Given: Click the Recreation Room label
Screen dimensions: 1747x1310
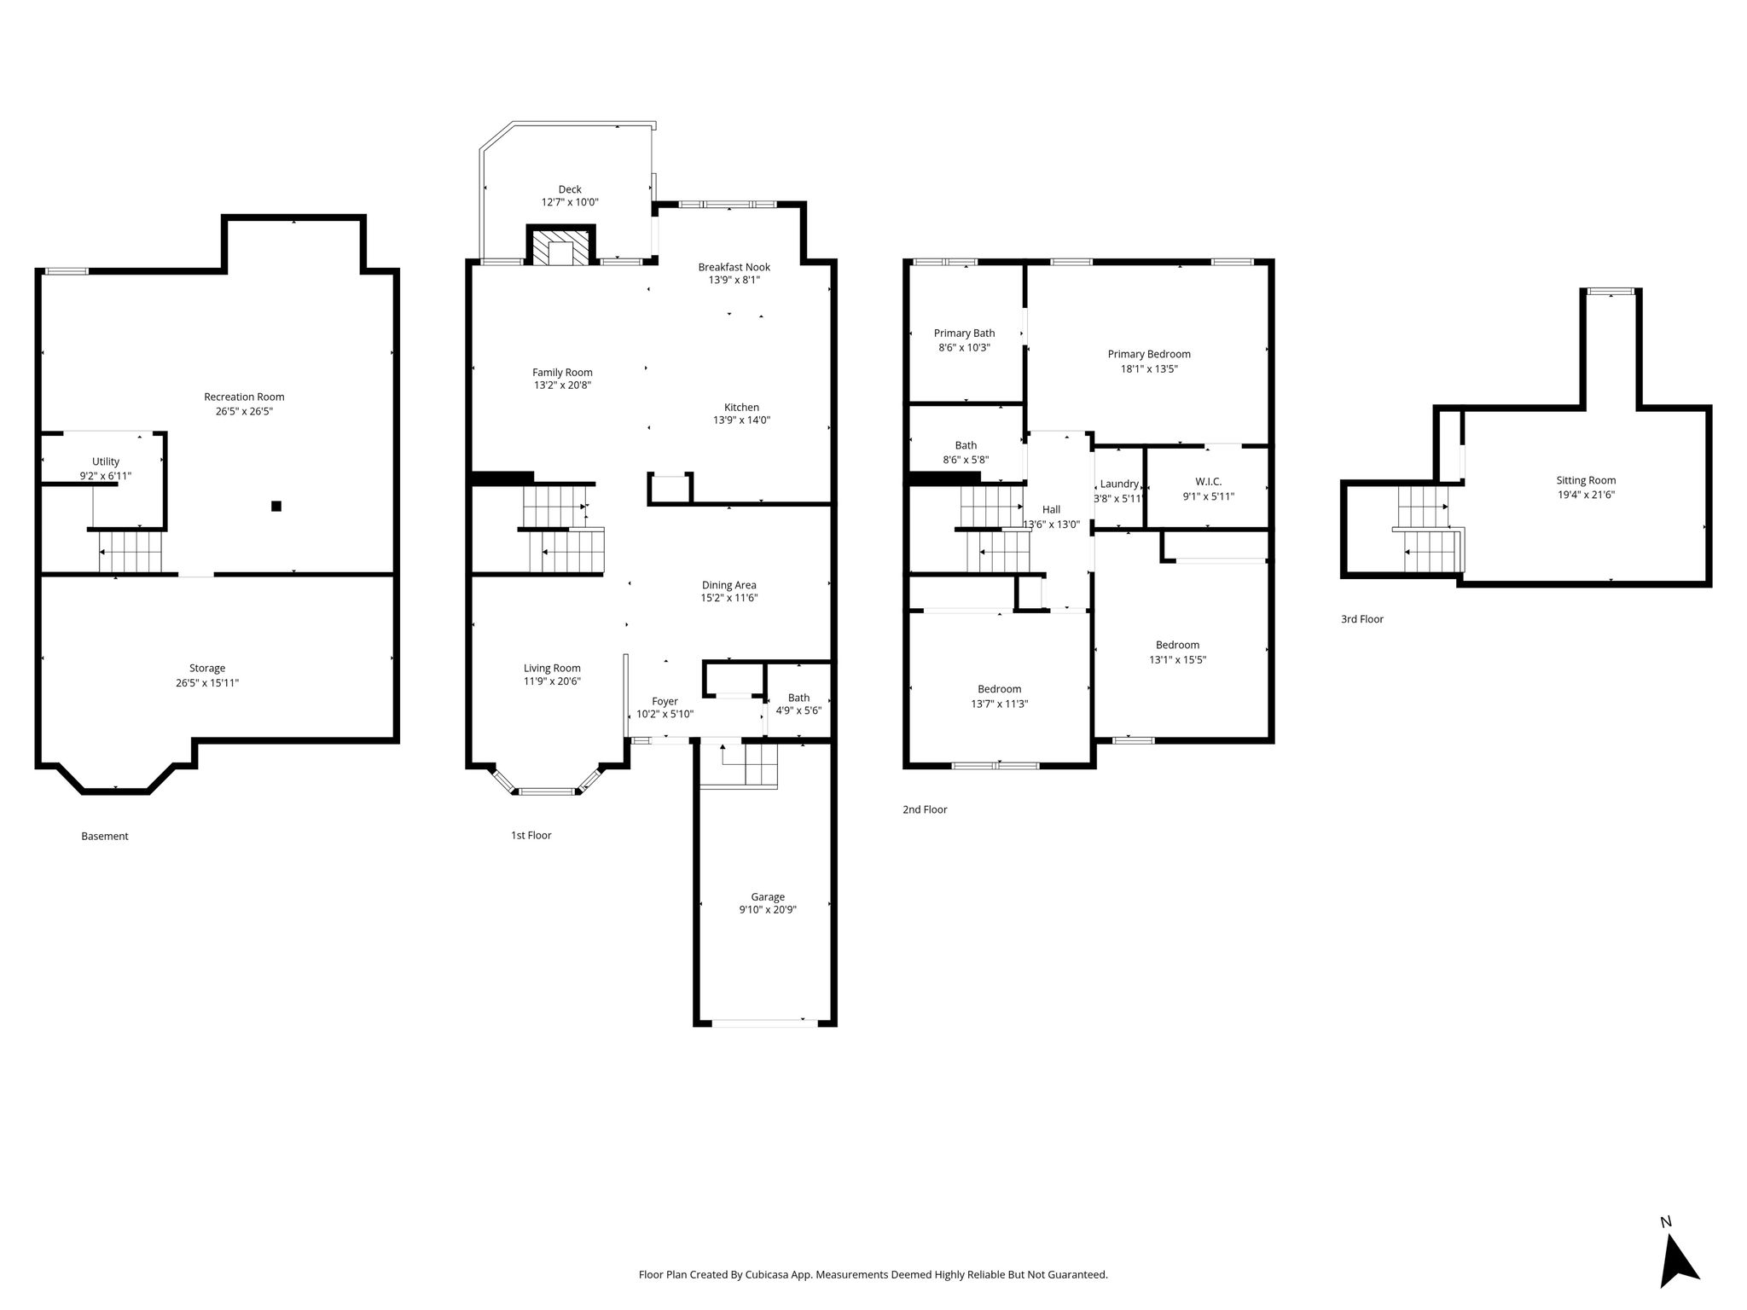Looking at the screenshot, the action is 244,397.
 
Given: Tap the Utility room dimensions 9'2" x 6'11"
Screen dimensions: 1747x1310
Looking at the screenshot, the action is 106,476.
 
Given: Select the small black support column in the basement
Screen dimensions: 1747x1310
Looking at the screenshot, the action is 276,506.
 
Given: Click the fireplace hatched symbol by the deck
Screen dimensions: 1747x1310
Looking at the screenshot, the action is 560,246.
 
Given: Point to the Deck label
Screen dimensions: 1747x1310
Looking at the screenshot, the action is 570,189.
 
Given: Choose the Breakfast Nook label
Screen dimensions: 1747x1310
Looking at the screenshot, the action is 734,267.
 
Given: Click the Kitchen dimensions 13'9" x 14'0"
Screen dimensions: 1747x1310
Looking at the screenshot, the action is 741,420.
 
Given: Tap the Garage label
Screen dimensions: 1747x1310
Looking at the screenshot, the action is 768,896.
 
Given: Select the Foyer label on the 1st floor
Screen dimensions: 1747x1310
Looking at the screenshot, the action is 665,702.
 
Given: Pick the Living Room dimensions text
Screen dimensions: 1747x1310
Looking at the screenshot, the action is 552,681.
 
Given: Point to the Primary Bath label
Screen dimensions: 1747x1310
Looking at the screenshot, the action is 964,333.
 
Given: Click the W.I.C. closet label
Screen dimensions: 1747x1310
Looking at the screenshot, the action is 1209,482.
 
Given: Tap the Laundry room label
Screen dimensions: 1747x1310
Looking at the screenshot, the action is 1119,484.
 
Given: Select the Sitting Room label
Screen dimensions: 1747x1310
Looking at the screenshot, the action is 1586,480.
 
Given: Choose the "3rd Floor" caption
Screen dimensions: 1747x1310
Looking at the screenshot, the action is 1362,619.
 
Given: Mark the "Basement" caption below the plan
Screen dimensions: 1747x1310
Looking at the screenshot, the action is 105,836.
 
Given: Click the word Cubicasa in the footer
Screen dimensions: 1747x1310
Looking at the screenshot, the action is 765,1275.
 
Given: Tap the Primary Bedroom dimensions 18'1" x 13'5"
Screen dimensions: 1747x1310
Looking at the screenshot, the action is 1149,369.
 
